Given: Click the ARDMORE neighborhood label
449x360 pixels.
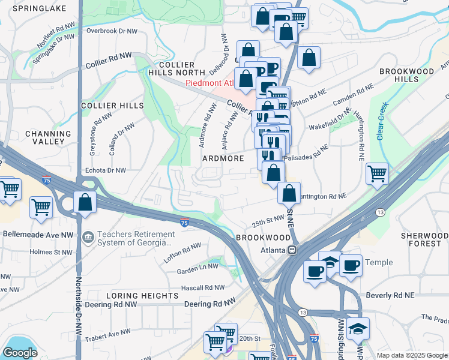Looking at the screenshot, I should click(223, 158).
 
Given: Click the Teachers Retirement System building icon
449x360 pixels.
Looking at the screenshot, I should click(88, 238).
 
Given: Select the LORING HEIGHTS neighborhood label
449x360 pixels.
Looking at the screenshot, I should click(142, 296).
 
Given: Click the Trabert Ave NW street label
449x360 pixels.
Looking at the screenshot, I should click(108, 332).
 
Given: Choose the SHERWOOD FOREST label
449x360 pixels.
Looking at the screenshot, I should click(425, 240).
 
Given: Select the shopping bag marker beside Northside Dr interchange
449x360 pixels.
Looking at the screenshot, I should click(85, 202).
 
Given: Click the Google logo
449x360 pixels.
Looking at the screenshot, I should click(20, 352).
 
